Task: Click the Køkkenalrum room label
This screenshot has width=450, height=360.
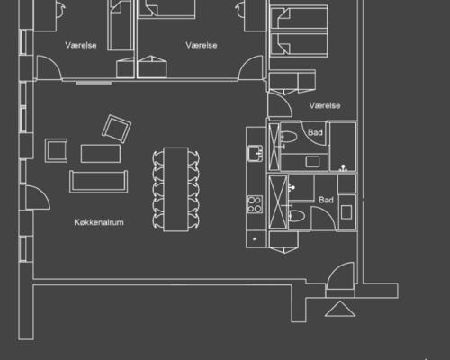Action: click(99, 222)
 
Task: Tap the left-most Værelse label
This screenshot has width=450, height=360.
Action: click(81, 45)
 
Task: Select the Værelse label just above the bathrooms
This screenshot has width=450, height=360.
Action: click(325, 105)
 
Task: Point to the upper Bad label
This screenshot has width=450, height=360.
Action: click(315, 132)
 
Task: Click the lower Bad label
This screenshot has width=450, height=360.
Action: click(326, 200)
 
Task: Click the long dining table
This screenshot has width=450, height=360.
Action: click(176, 190)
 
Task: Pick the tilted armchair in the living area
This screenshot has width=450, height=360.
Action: click(117, 129)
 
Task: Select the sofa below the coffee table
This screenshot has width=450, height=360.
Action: click(99, 182)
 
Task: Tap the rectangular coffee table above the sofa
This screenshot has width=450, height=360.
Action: click(101, 154)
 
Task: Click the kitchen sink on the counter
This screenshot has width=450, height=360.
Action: click(256, 153)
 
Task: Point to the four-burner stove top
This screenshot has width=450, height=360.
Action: click(255, 204)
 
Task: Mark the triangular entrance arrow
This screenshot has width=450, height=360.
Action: click(340, 309)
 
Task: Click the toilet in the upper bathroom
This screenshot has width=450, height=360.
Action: click(289, 137)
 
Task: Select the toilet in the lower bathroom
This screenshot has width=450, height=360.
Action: click(297, 216)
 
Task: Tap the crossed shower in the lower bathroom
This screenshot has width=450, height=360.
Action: click(278, 202)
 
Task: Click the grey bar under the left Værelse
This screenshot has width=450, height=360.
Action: click(94, 83)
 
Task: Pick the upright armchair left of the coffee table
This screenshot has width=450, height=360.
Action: click(56, 150)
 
